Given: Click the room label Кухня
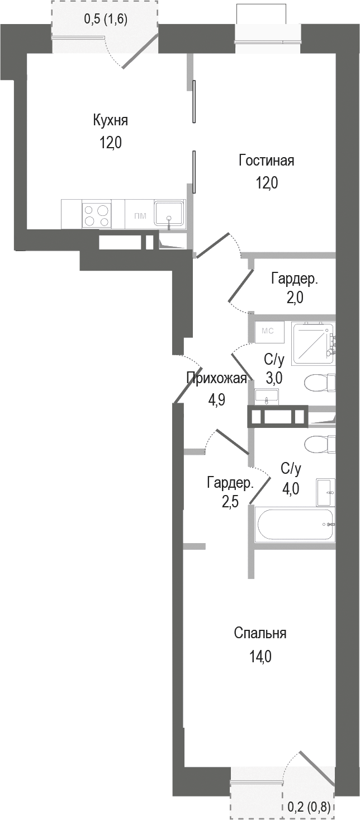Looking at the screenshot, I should tap(111, 120).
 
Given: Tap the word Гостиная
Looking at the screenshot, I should tap(266, 161).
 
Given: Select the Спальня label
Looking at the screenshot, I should tap(260, 633).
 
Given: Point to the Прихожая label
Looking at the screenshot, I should tap(216, 379).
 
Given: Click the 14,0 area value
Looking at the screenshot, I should tap(260, 656).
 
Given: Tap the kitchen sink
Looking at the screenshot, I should tap(169, 214).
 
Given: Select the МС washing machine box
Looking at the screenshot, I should tap(267, 331).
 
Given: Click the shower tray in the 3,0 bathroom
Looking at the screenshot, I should tap(312, 341).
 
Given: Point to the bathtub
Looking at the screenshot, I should tap(295, 524).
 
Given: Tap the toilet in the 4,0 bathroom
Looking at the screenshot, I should tap(319, 445).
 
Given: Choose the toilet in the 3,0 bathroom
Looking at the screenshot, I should tap(319, 384).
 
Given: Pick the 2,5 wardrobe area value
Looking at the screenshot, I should tap(230, 501).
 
